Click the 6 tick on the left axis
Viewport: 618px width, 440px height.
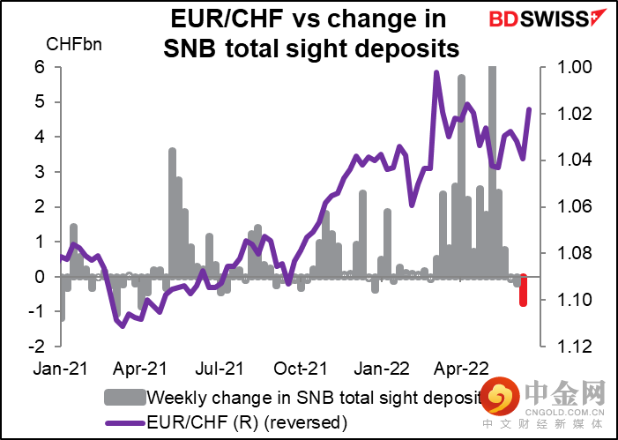click(x=40, y=67)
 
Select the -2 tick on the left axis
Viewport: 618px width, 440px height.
click(x=37, y=347)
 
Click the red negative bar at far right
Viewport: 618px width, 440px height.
click(x=524, y=290)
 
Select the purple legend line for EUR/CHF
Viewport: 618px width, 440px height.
click(x=125, y=422)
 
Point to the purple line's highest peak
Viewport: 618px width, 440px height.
click(x=436, y=73)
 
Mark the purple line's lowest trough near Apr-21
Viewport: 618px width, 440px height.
click(x=123, y=325)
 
